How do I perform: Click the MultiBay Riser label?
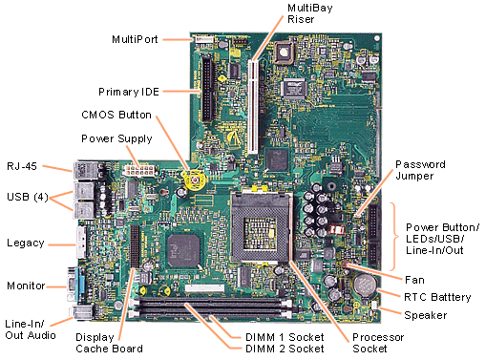point(310,13)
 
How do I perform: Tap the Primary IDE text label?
point(129,92)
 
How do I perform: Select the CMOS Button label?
point(116,115)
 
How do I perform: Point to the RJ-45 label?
point(22,166)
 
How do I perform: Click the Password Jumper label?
point(420,170)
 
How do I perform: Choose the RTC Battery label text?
point(437,297)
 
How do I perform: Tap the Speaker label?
point(426,315)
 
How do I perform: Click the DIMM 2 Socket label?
point(285,349)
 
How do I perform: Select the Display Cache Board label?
point(109,343)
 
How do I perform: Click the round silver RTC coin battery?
point(365,285)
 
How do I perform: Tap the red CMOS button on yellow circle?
point(195,180)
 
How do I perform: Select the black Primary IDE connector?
point(207,88)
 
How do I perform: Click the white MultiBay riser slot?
point(253,107)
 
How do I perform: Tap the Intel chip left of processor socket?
point(183,251)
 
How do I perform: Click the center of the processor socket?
point(261,227)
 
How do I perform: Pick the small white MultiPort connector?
point(204,39)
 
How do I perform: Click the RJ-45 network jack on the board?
point(82,170)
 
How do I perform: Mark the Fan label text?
point(414,280)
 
